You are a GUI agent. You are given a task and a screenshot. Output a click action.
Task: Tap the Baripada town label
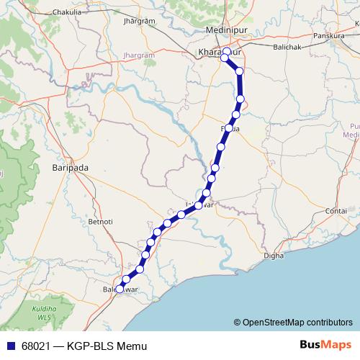70,168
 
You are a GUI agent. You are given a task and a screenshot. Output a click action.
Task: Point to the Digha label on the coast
274,255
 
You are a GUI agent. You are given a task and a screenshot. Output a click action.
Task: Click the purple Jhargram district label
139,54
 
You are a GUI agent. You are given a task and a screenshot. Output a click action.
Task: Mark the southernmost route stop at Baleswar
120,289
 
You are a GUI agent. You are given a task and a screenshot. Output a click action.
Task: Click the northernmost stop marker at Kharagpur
227,52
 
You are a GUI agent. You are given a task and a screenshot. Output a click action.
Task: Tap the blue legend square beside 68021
9,346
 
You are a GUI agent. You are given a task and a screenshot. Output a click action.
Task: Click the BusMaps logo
325,346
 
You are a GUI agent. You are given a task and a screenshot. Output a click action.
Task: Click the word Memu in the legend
133,346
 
